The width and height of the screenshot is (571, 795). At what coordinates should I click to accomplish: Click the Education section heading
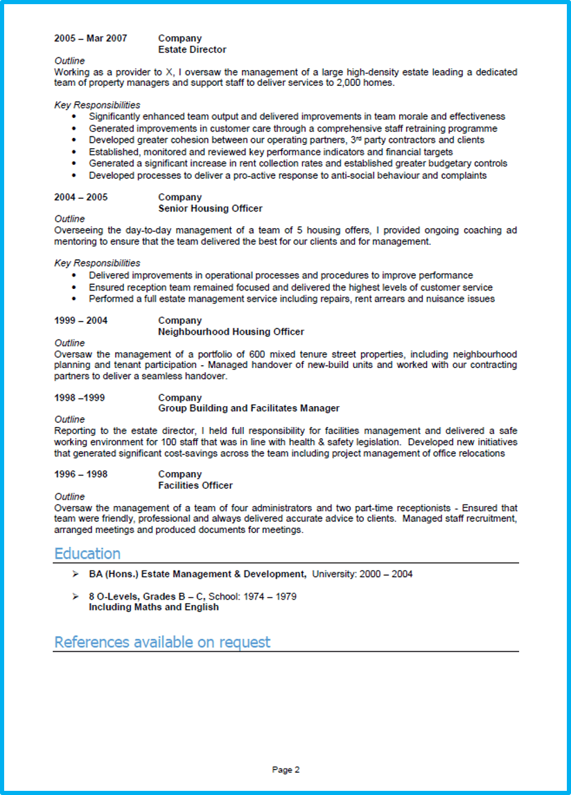(x=87, y=553)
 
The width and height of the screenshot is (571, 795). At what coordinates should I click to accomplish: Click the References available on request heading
(x=162, y=642)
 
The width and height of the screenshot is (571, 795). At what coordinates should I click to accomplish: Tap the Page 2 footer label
(x=285, y=769)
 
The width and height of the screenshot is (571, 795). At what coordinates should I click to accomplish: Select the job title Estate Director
(x=192, y=49)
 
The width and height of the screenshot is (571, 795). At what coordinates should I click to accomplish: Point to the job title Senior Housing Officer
(x=210, y=208)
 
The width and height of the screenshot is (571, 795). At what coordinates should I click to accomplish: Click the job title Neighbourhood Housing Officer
(x=231, y=331)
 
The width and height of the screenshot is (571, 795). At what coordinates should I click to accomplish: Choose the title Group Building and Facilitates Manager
(x=249, y=408)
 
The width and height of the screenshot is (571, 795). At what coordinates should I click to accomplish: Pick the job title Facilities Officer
(x=195, y=485)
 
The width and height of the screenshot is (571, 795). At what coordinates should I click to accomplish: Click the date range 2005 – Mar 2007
(x=90, y=38)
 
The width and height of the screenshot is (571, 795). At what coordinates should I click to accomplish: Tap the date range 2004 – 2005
(x=80, y=197)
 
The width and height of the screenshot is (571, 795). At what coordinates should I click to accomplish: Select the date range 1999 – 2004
(x=80, y=320)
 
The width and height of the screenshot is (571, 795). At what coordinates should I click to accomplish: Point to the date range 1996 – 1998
(x=80, y=474)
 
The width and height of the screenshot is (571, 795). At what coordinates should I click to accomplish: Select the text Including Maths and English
(x=154, y=607)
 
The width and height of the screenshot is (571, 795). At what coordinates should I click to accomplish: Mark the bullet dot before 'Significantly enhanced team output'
(x=74, y=117)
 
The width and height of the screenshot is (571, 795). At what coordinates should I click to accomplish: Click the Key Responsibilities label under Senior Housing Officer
(x=97, y=263)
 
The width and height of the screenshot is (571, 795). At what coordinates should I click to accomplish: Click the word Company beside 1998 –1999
(x=179, y=397)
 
